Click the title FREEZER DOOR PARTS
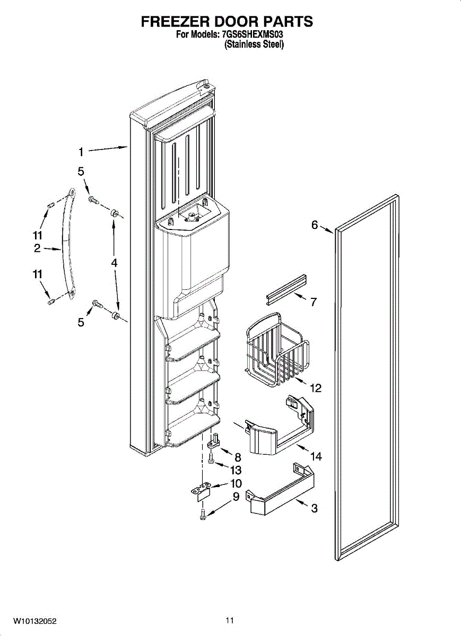click(x=227, y=22)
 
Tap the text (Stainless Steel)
click(x=254, y=45)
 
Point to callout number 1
click(x=81, y=152)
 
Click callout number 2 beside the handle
click(x=37, y=249)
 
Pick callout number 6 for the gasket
click(x=315, y=225)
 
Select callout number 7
click(x=314, y=303)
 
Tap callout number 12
click(x=315, y=388)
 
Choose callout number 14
click(x=316, y=456)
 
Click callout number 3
click(x=314, y=508)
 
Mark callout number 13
click(x=236, y=470)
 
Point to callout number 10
click(x=236, y=483)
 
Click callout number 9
click(x=236, y=497)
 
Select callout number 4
click(x=114, y=262)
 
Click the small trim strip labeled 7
click(x=287, y=289)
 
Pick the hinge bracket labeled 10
click(x=202, y=491)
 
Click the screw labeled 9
click(x=203, y=513)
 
